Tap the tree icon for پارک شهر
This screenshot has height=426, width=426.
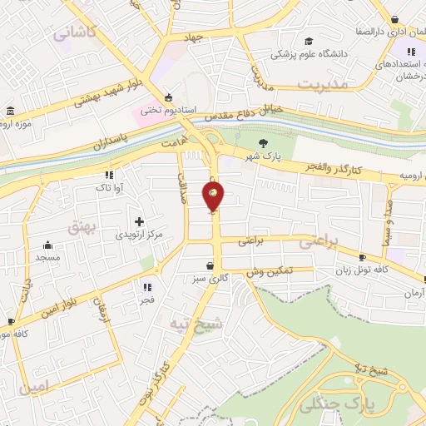264,142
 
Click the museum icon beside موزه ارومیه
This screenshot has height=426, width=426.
9,111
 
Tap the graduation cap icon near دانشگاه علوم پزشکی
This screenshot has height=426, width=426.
309,42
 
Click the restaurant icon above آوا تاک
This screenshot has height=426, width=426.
109,175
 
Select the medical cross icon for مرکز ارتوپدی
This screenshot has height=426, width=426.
139,222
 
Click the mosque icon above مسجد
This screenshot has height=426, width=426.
47,245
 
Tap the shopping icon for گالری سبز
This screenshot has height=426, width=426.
211,266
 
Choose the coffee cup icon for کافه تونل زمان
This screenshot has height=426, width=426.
362,257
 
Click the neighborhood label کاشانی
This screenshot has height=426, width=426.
75,32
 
